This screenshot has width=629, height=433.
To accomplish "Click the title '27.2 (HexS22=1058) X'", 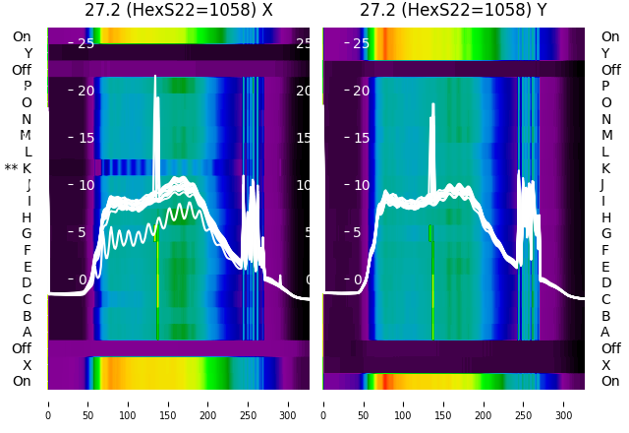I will tap(178, 11).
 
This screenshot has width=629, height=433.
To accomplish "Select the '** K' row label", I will tap(27, 168).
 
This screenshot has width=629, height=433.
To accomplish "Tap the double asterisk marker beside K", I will tap(11, 169).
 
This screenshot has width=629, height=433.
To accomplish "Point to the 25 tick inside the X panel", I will tap(86, 43).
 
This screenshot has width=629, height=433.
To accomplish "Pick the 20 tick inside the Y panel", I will tap(361, 91).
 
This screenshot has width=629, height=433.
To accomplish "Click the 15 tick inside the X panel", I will tap(86, 138).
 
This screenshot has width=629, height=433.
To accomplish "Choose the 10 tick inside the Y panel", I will tap(361, 185).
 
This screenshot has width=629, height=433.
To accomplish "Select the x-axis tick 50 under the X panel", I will tap(87, 403).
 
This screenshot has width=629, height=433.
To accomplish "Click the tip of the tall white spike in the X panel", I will tap(155, 77).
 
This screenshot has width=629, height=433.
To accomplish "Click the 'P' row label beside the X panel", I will tap(28, 86).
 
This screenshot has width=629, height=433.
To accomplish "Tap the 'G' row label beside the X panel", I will tap(28, 233).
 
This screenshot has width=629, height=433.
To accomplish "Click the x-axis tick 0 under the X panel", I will tap(48, 403).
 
